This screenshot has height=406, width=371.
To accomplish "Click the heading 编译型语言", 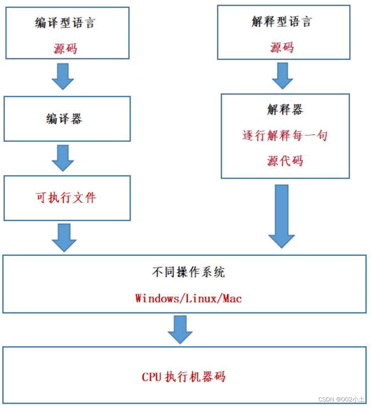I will point(65,22).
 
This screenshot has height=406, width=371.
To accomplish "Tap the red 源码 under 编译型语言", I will point(65,48).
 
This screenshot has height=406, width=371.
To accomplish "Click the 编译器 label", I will point(64,119).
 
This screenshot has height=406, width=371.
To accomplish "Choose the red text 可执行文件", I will point(66,198).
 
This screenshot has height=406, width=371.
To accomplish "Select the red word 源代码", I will point(285,160).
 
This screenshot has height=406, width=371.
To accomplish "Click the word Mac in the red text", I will point(232,298).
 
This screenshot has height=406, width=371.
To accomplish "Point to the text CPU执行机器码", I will point(184,377).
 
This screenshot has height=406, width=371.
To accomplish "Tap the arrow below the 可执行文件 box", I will point(64,237).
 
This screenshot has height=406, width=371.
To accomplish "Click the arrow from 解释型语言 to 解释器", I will point(282,76).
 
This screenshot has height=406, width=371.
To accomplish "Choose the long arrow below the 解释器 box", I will point(282,215).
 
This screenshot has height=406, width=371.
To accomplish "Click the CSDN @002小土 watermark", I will point(342,399).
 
